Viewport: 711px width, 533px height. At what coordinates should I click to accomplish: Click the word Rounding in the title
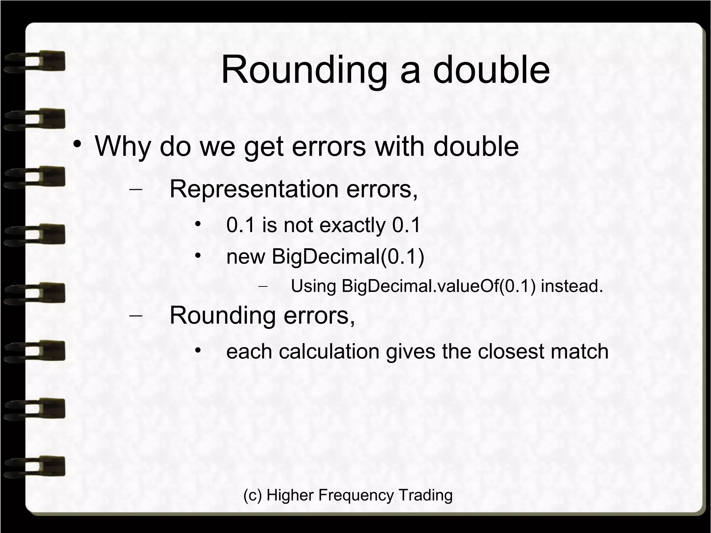303,70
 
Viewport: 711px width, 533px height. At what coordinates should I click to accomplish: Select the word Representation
254,189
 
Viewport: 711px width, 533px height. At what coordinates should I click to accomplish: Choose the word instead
572,286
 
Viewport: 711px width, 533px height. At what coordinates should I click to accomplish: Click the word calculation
329,351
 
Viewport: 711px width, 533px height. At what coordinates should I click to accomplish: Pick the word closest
511,351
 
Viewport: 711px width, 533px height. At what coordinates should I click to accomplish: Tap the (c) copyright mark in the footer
252,495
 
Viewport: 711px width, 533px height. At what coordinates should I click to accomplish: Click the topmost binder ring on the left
35,61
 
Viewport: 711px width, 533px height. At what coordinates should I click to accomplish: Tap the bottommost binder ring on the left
35,466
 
